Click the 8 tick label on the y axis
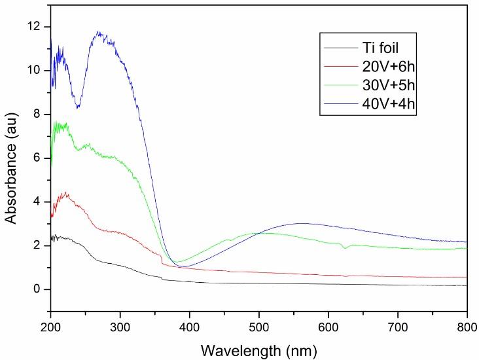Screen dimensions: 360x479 coord(37,114)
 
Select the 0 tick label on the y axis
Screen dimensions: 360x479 coord(37,289)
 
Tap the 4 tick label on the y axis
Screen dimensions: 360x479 coord(37,202)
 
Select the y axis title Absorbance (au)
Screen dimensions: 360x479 coord(11,157)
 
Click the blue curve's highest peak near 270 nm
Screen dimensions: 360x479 coord(99,31)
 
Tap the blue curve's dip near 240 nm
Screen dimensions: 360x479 coord(79,107)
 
